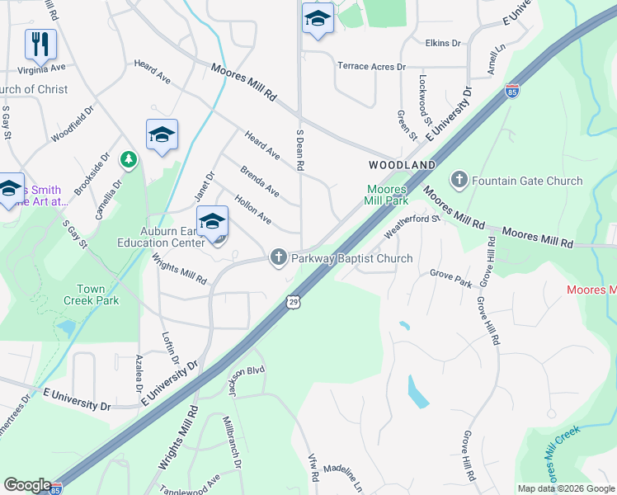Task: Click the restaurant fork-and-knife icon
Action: (40, 44)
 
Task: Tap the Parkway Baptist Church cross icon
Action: (279, 258)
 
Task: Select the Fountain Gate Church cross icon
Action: (459, 179)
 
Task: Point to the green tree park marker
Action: (128, 158)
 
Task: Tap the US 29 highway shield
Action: (293, 303)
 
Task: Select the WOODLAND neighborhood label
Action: (402, 166)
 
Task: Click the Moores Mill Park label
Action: (387, 195)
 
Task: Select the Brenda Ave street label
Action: (260, 182)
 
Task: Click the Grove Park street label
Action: (450, 278)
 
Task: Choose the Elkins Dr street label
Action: (443, 42)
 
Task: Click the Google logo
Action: (27, 485)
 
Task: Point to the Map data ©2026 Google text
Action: (566, 488)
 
